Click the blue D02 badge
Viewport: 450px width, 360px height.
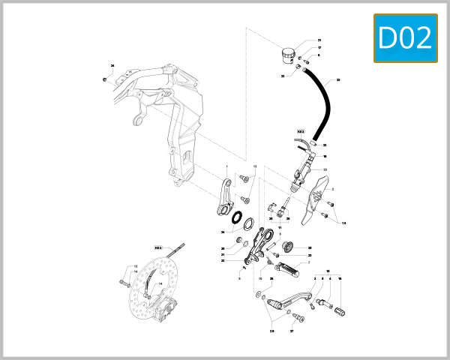click(x=406, y=38)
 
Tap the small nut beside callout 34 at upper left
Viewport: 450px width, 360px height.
click(x=104, y=78)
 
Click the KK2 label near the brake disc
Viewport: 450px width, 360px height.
click(x=158, y=247)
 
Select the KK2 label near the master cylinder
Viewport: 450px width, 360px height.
click(x=301, y=130)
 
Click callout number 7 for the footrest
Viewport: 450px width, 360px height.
click(x=309, y=263)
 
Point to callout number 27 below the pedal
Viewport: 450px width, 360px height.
click(x=292, y=330)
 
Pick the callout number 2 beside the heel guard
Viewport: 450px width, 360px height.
click(x=333, y=190)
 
